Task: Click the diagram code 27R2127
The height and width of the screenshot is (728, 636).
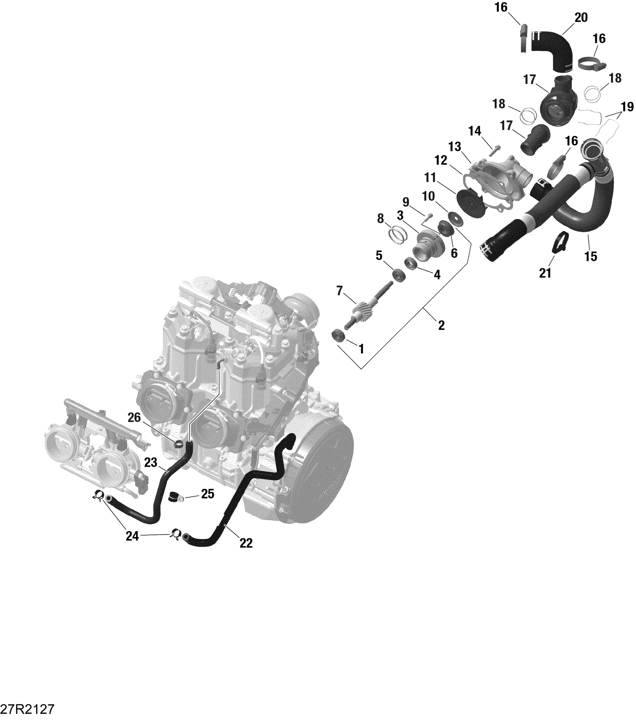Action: tap(28, 709)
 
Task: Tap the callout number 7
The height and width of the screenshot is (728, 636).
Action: tap(339, 290)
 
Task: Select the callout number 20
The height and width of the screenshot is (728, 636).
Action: tap(581, 17)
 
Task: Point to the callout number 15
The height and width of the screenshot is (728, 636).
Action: tap(591, 256)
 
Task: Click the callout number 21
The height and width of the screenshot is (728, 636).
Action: tap(545, 273)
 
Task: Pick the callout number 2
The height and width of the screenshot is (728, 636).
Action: tap(441, 325)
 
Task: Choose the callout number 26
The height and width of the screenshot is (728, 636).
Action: tap(134, 417)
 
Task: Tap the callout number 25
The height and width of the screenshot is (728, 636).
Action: tap(208, 494)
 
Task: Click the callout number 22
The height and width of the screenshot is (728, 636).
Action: tap(246, 543)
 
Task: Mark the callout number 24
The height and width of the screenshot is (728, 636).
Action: tap(132, 536)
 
